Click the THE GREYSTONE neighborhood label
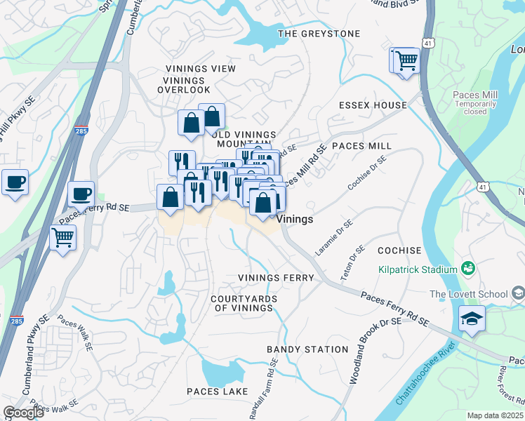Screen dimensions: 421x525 [x=319, y=34]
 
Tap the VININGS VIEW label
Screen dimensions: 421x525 [x=196, y=69]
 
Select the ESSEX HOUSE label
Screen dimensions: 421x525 [x=373, y=105]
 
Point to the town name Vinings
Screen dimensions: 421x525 [x=295, y=219]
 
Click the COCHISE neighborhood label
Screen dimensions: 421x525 [x=399, y=250]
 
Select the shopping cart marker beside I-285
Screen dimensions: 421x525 [x=63, y=237]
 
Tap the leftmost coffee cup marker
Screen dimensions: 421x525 [x=15, y=182]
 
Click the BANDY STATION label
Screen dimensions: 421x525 [x=307, y=349]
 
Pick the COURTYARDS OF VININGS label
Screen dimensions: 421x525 [x=244, y=303]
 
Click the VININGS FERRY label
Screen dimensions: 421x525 [x=275, y=278]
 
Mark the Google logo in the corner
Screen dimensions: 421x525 [x=23, y=413]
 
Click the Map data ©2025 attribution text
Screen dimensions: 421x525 [x=494, y=415]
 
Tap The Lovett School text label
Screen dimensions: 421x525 [x=468, y=293]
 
